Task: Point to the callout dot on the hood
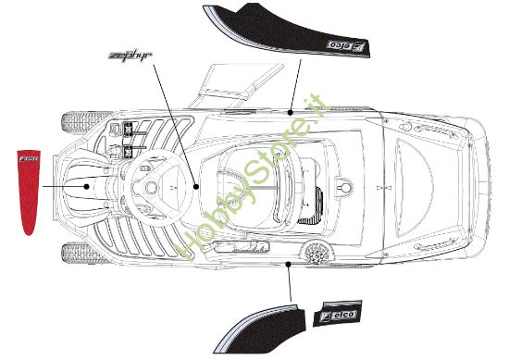[x=87, y=185]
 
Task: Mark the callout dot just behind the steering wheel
[x=195, y=185]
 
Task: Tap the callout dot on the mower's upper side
[x=292, y=110]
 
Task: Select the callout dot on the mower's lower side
[x=291, y=264]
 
